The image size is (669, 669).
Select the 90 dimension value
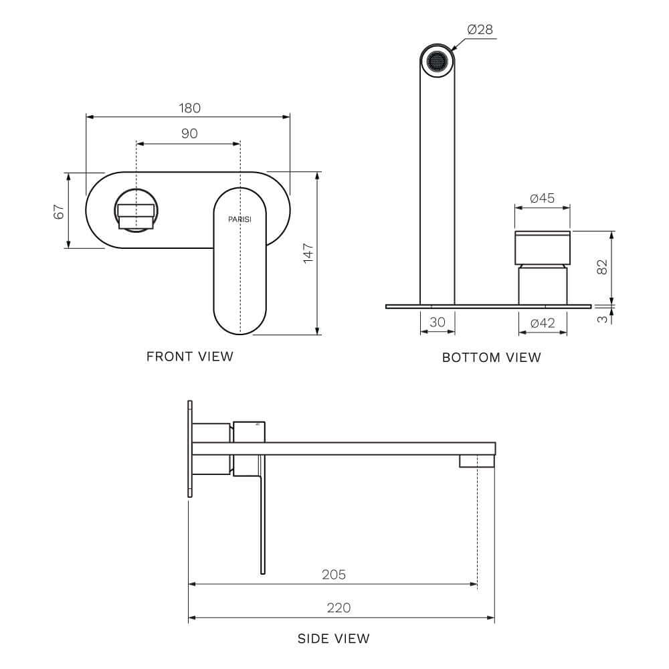coord(189,134)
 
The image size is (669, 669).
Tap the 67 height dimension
coord(60,211)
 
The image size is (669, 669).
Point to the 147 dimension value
coord(308,253)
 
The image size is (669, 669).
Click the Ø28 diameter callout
coord(480,29)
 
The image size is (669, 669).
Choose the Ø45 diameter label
coord(542,199)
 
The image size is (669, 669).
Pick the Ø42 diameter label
coord(543,323)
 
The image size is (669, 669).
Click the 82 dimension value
coord(602,266)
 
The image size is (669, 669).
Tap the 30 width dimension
coord(437,322)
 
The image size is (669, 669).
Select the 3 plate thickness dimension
coord(603,319)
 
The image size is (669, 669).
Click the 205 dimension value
coord(333,575)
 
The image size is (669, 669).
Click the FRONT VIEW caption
coord(190,357)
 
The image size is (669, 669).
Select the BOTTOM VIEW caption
coord(492,357)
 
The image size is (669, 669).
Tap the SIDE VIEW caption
coord(333,639)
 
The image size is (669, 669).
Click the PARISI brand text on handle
coord(240,219)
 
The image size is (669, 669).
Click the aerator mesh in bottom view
coord(437,62)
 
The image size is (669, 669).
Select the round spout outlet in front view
coord(136,211)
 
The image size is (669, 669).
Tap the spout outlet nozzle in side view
coord(476,461)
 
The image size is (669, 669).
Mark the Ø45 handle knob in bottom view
coord(543,248)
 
